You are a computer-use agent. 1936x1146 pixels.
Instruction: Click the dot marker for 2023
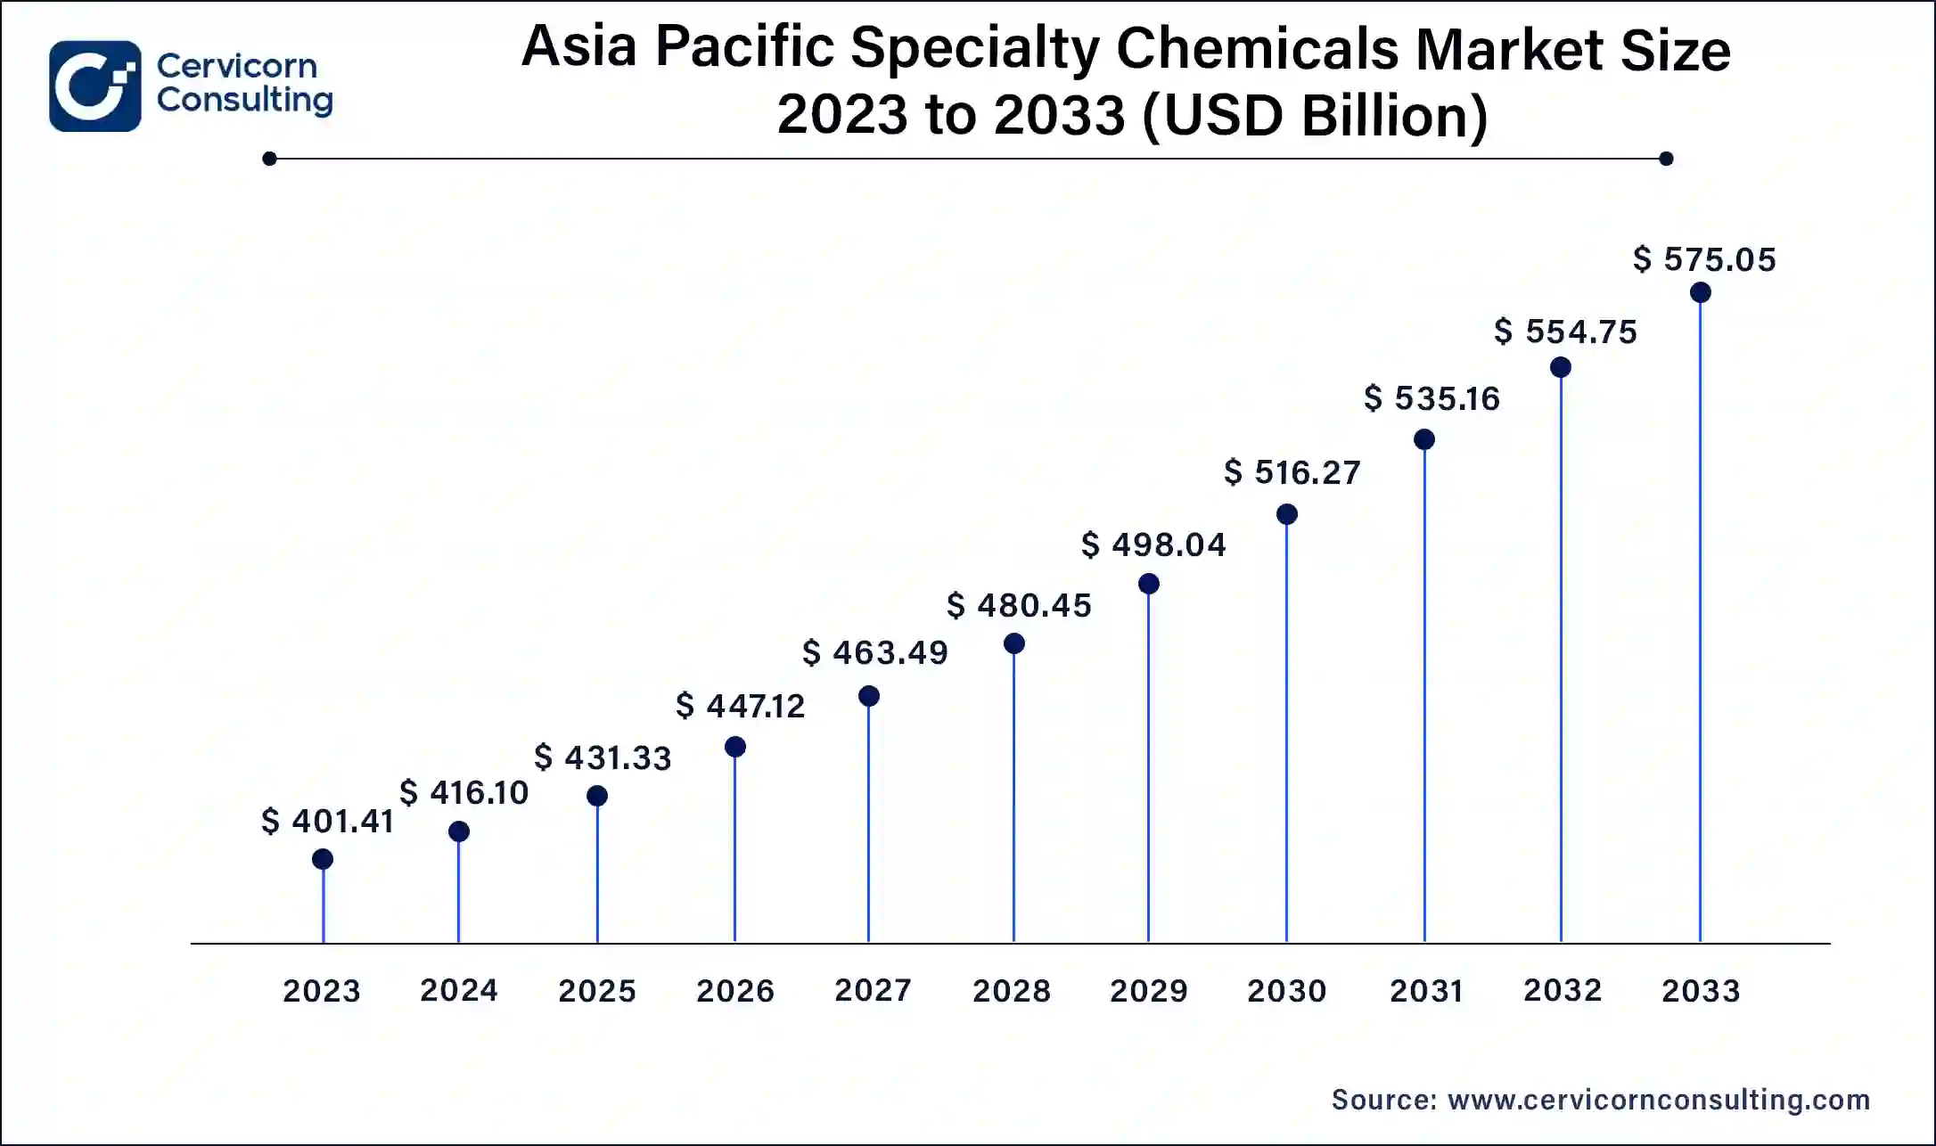(x=323, y=859)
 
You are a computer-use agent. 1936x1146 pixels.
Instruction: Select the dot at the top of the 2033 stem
(x=1700, y=292)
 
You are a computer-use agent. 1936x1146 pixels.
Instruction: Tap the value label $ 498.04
(x=1153, y=544)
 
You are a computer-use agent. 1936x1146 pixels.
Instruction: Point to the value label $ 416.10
(x=463, y=792)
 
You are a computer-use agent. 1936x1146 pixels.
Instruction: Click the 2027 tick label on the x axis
(x=873, y=990)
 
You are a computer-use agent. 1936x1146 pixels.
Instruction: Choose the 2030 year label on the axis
(x=1286, y=991)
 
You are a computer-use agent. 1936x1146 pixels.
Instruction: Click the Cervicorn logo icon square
(x=94, y=86)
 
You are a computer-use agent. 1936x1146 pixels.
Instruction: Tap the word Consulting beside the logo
(x=244, y=100)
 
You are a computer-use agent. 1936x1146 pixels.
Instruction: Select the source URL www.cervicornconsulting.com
(x=1659, y=1100)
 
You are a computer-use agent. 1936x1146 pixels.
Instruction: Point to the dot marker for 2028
(x=1013, y=643)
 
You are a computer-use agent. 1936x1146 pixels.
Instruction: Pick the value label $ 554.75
(x=1565, y=332)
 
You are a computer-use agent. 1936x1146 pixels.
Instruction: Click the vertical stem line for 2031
(x=1424, y=695)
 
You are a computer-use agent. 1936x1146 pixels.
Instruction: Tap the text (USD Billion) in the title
(x=1314, y=116)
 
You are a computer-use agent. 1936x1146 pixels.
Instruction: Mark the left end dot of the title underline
(x=270, y=159)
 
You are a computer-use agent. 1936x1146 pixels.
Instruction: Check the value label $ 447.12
(x=740, y=706)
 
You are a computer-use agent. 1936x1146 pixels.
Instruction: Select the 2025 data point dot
(x=597, y=796)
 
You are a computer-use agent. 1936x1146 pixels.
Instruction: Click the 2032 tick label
(x=1562, y=990)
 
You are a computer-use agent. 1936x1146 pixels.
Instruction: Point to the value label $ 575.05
(x=1704, y=259)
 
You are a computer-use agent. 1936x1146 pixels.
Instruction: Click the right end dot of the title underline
(x=1666, y=159)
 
